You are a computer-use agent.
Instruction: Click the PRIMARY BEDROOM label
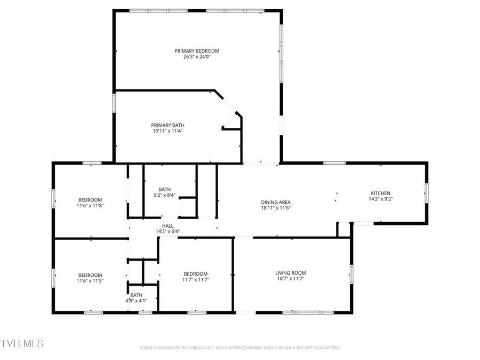(x=197, y=51)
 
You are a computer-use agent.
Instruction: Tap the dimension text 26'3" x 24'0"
(x=197, y=57)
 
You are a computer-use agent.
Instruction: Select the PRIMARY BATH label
(x=167, y=125)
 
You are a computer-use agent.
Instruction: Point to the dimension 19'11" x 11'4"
(x=167, y=131)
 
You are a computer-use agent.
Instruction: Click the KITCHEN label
(x=381, y=193)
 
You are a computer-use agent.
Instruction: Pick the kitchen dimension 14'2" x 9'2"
(x=381, y=198)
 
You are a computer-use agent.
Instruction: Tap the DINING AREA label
(x=276, y=202)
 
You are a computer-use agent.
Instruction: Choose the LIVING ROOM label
(x=291, y=273)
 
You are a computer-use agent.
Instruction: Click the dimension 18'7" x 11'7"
(x=291, y=278)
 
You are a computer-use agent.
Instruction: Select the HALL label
(x=167, y=226)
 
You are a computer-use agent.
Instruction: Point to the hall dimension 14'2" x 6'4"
(x=167, y=231)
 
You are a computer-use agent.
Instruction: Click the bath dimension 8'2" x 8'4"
(x=164, y=195)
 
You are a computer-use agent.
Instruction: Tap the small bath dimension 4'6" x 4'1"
(x=136, y=301)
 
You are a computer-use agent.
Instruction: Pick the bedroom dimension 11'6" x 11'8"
(x=90, y=205)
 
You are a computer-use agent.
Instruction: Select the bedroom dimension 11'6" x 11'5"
(x=90, y=281)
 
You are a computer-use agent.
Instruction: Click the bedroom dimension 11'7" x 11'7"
(x=195, y=279)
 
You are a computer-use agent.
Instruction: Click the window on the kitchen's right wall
(x=426, y=193)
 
